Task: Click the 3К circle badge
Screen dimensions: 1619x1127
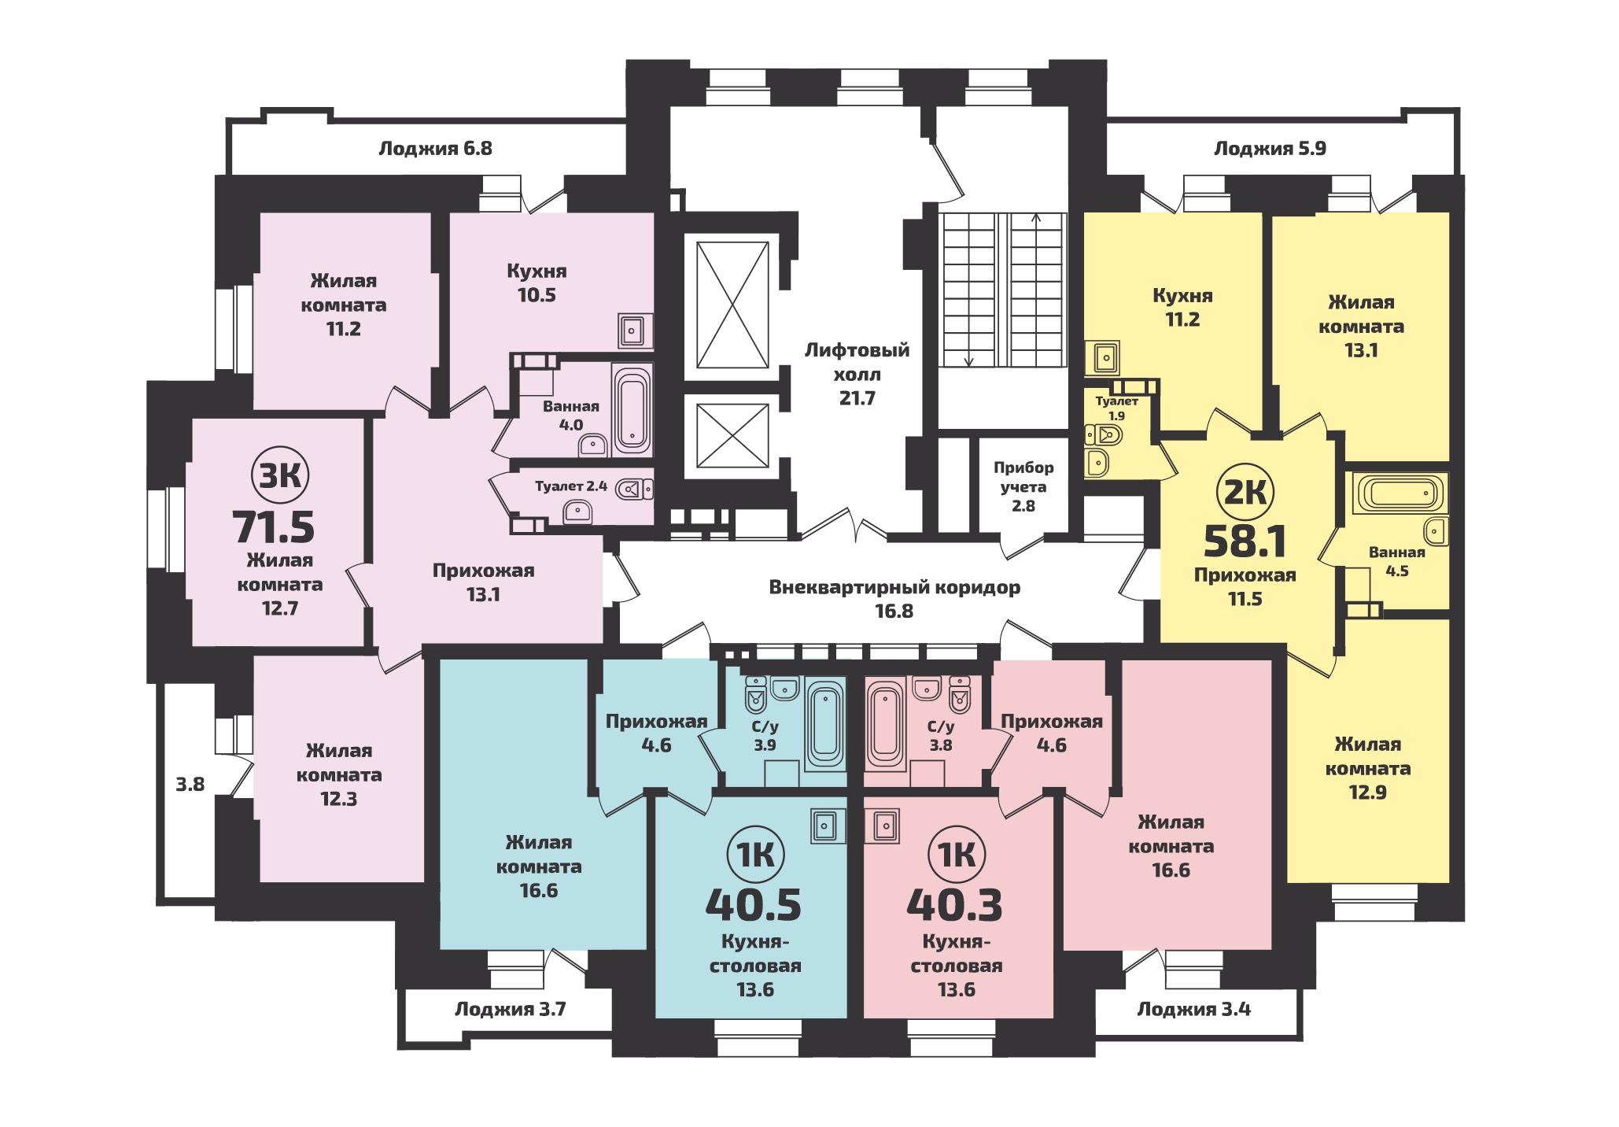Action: tap(280, 475)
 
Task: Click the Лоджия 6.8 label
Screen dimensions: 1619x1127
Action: tap(435, 148)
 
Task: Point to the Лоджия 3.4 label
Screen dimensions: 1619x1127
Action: tap(1193, 1008)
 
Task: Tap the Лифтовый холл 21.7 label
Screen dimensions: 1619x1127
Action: tap(857, 374)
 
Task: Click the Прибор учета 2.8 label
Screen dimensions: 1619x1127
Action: tap(1023, 486)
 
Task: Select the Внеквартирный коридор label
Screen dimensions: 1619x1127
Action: tap(894, 587)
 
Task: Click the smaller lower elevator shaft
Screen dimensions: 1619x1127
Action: tap(732, 435)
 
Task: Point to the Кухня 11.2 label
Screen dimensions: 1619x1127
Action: tap(1182, 308)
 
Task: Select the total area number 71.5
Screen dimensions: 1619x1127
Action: tap(275, 527)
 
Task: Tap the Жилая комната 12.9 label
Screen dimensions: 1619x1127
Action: tap(1368, 768)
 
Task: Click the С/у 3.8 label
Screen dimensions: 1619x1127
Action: tap(940, 736)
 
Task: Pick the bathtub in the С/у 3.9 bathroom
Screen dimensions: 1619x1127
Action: tap(824, 722)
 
